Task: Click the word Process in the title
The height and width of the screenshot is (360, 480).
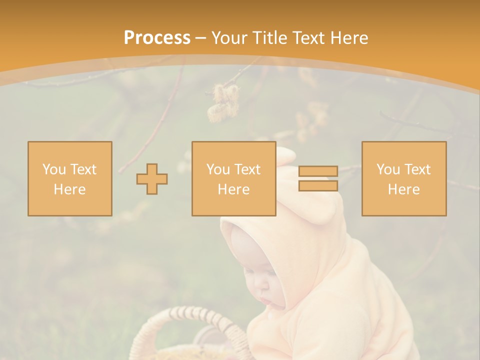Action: click(157, 38)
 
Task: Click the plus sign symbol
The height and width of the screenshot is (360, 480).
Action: click(152, 178)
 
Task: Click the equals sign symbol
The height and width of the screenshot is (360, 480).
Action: click(318, 178)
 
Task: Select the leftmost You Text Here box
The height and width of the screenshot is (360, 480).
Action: click(70, 178)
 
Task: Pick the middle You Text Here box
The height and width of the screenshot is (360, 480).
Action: click(233, 178)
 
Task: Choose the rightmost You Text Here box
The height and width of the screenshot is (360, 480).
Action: click(404, 178)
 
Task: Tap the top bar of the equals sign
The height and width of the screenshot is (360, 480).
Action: click(318, 171)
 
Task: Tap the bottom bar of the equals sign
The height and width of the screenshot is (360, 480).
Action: click(318, 185)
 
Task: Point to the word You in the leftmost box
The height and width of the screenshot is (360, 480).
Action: click(53, 169)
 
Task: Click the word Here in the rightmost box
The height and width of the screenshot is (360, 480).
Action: click(404, 189)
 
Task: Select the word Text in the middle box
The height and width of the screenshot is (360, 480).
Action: click(247, 169)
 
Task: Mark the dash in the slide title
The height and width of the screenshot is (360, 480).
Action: click(201, 38)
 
